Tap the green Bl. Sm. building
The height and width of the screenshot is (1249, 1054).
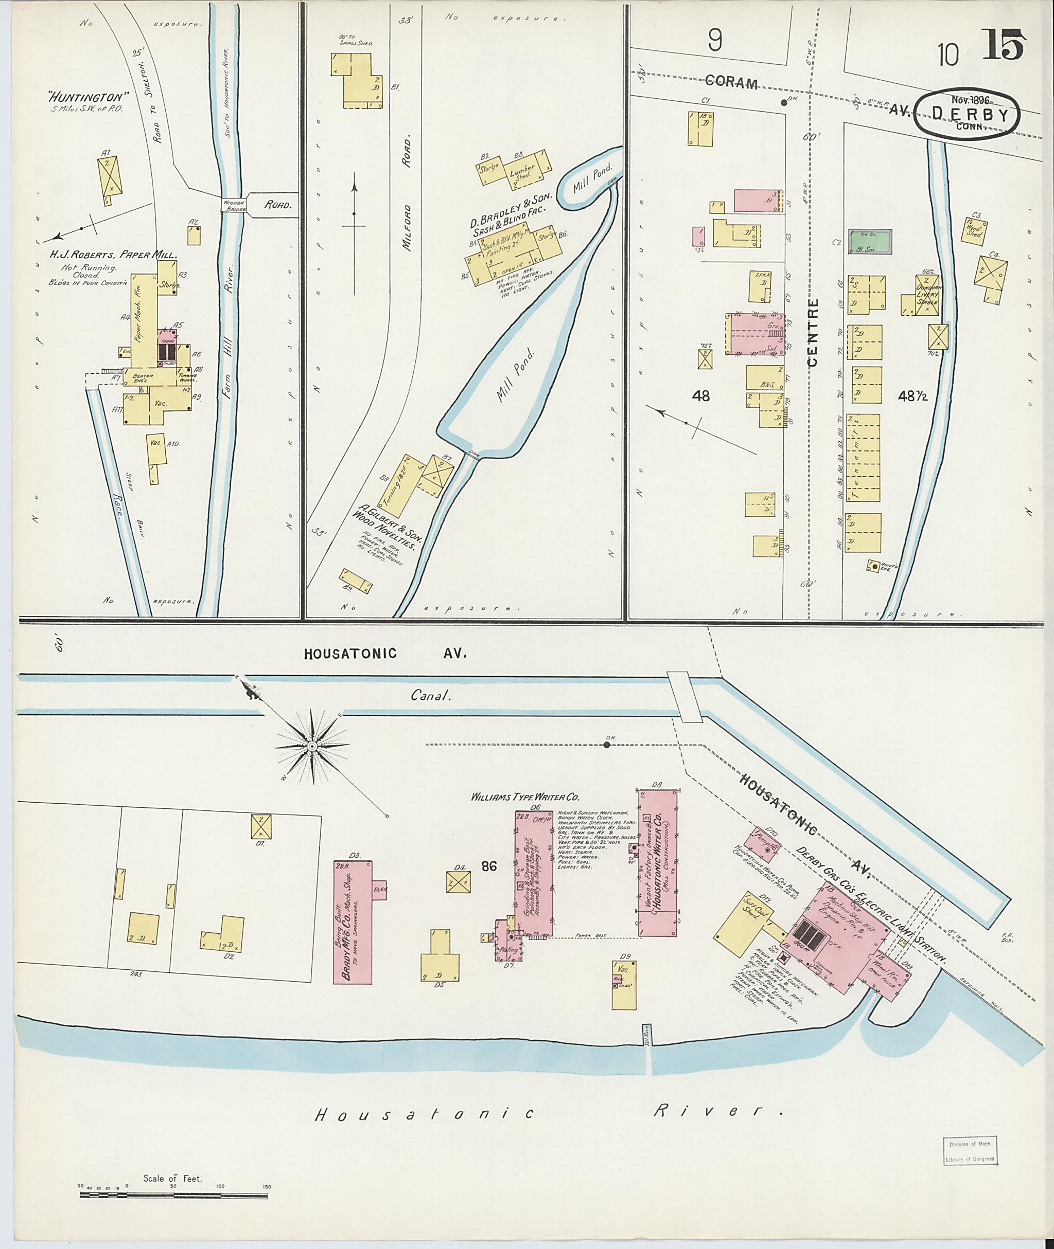coord(870,242)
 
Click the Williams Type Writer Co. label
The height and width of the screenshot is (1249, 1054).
coord(525,797)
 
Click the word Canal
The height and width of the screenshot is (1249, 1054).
coord(429,695)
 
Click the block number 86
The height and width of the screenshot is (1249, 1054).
coord(489,866)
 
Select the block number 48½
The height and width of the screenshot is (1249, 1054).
coord(912,396)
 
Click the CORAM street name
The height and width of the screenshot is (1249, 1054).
coord(731,82)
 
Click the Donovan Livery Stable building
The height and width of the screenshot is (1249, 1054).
coord(928,294)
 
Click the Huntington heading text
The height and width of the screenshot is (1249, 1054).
coord(90,96)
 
